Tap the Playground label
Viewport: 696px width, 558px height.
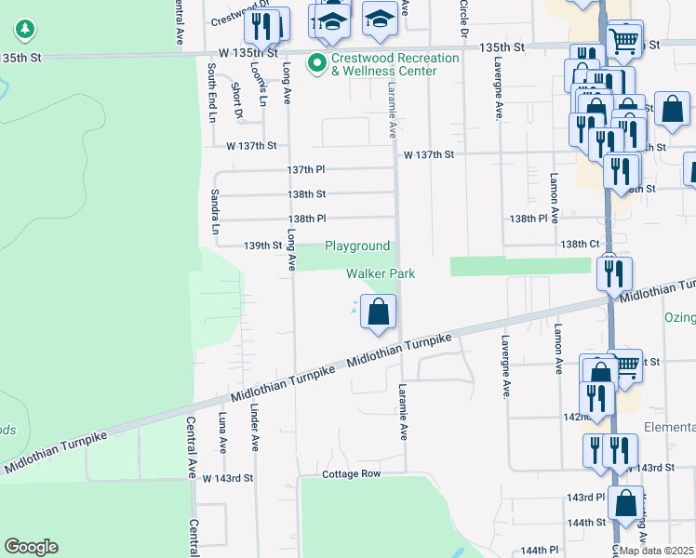[356, 246]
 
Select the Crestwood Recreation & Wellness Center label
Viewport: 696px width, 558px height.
[396, 64]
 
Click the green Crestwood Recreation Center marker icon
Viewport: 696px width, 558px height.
[316, 64]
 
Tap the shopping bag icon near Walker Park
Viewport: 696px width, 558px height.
[378, 312]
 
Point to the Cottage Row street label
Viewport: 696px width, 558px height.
[352, 474]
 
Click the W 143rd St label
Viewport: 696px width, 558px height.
[228, 478]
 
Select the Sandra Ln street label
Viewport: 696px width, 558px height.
[215, 211]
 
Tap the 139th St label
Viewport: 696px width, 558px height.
[262, 246]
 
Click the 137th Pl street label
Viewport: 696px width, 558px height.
[306, 170]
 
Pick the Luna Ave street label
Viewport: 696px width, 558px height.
[222, 432]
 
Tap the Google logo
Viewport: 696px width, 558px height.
[31, 547]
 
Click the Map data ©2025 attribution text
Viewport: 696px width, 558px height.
[657, 551]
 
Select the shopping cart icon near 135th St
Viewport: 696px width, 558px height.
[623, 39]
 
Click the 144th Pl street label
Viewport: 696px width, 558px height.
[539, 551]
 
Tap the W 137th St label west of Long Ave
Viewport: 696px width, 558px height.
[252, 146]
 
